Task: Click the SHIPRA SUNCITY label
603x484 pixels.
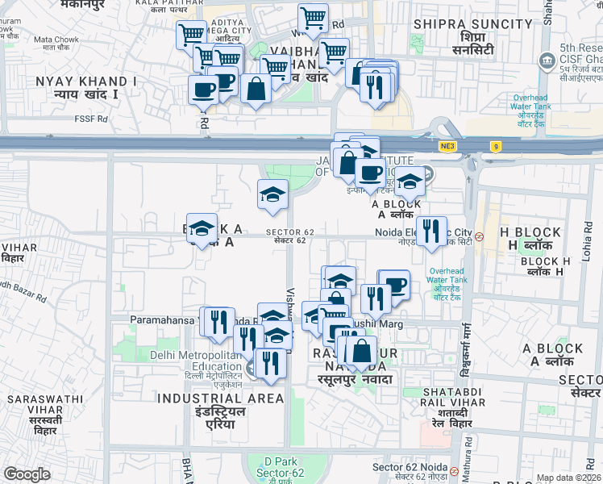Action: pyautogui.click(x=472, y=24)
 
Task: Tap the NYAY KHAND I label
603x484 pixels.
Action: pyautogui.click(x=85, y=81)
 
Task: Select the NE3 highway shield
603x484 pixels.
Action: pyautogui.click(x=447, y=146)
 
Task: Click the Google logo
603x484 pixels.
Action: pyautogui.click(x=27, y=474)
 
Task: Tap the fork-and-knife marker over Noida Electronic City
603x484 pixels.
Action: pyautogui.click(x=431, y=231)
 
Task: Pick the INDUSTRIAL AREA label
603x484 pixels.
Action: pyautogui.click(x=220, y=398)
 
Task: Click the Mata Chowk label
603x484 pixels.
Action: pyautogui.click(x=56, y=39)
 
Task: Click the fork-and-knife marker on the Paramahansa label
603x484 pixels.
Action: pyautogui.click(x=218, y=322)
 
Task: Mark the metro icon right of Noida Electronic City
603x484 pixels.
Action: pyautogui.click(x=480, y=237)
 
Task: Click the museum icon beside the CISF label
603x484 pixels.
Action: pyautogui.click(x=548, y=60)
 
